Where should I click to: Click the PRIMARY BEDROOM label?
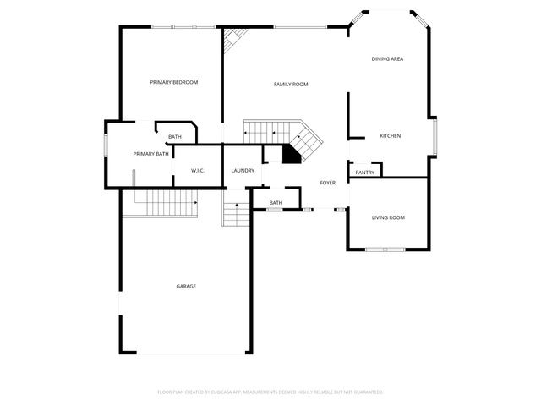point(173,82)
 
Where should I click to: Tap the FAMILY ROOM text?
point(290,85)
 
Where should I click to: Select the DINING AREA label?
point(387,58)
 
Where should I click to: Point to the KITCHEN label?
point(390,136)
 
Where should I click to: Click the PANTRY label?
point(365,173)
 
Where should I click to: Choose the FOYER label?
point(327,183)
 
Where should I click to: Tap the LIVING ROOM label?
point(388,218)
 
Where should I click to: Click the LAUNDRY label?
point(243,171)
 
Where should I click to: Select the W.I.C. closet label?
point(198,171)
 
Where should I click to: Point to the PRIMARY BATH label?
point(150,154)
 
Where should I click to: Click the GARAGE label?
point(186,287)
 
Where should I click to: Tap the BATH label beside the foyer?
point(276,203)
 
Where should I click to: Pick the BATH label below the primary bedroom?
point(174,137)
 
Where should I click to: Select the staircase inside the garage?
point(172,203)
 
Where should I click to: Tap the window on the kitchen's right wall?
point(434,137)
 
